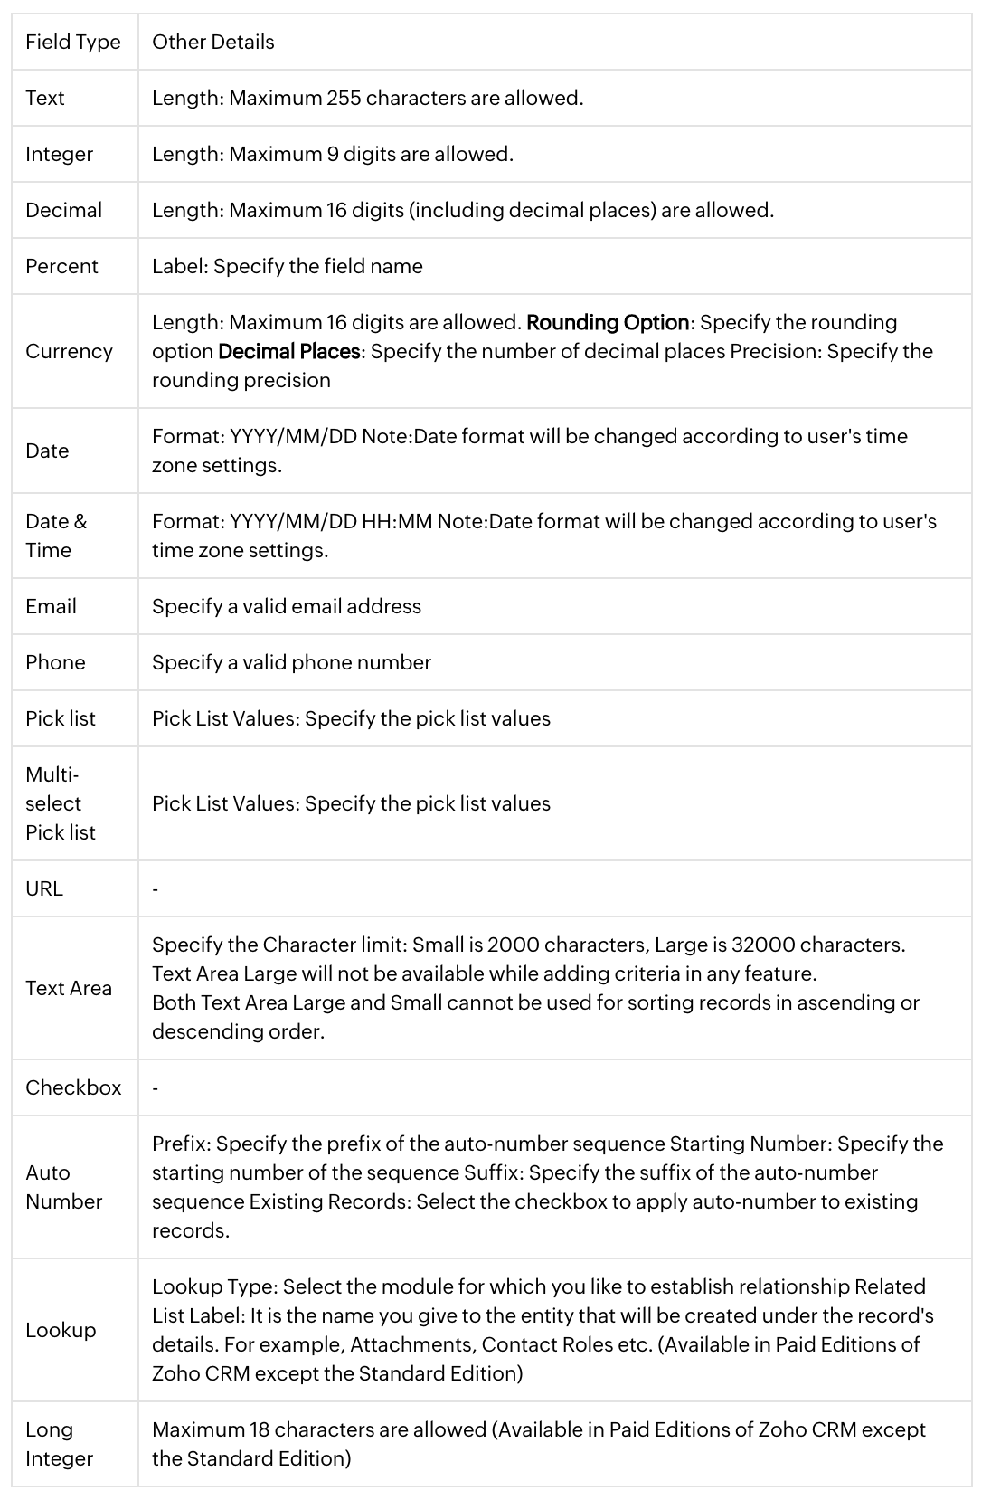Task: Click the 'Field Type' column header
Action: [72, 42]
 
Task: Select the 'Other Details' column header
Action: [212, 42]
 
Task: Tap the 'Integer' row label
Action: [59, 154]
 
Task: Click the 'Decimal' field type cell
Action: [63, 210]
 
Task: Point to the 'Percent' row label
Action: [61, 266]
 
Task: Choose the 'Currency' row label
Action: [69, 351]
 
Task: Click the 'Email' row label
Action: [51, 606]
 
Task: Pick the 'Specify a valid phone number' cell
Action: [291, 662]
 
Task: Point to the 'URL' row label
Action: [44, 888]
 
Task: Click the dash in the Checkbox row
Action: [156, 1088]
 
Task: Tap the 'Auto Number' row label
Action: [63, 1187]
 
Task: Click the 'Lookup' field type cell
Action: [61, 1330]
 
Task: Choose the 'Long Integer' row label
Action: [59, 1444]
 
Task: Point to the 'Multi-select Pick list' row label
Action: [60, 803]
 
